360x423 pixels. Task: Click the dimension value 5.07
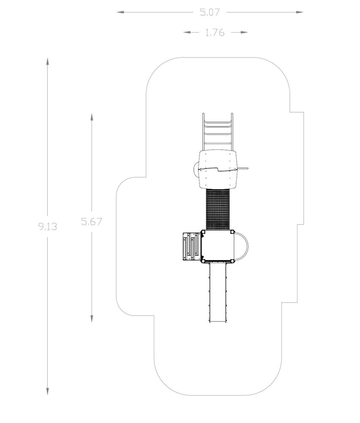point(210,12)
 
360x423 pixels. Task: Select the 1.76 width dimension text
point(215,33)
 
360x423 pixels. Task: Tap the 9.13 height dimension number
point(48,226)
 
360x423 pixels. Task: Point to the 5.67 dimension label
point(92,222)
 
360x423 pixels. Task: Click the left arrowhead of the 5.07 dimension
point(120,12)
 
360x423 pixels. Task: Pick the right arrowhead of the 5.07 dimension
point(300,12)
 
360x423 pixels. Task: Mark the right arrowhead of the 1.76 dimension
point(244,33)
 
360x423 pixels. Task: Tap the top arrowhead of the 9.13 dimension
point(48,61)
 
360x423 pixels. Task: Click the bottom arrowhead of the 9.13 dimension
point(48,391)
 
